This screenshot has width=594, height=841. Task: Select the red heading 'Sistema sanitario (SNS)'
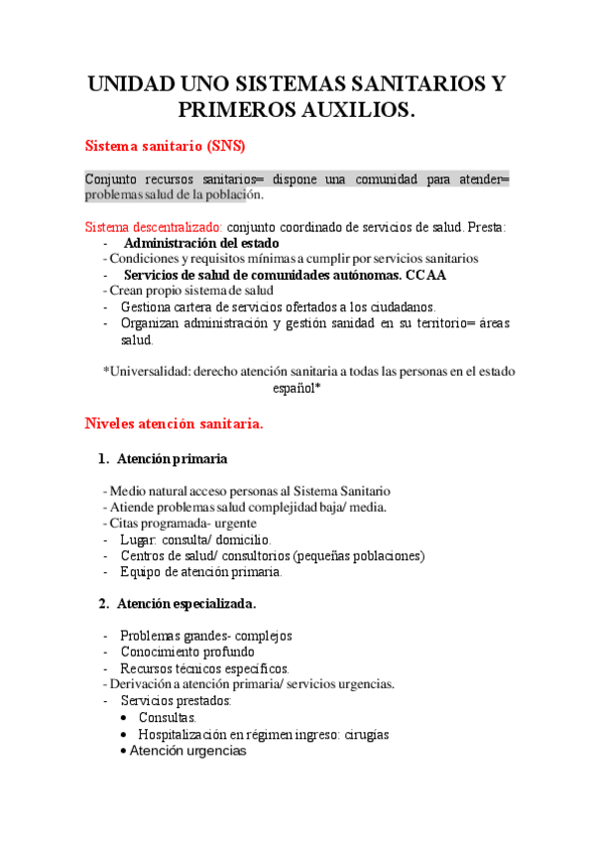165,146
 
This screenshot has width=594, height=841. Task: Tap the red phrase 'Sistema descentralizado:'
154,227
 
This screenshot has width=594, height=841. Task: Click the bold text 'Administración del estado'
201,243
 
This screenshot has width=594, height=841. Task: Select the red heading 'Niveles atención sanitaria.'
175,423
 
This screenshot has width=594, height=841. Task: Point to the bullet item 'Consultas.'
168,717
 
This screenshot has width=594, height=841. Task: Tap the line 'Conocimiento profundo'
186,652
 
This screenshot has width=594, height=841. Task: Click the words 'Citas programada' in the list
158,523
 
